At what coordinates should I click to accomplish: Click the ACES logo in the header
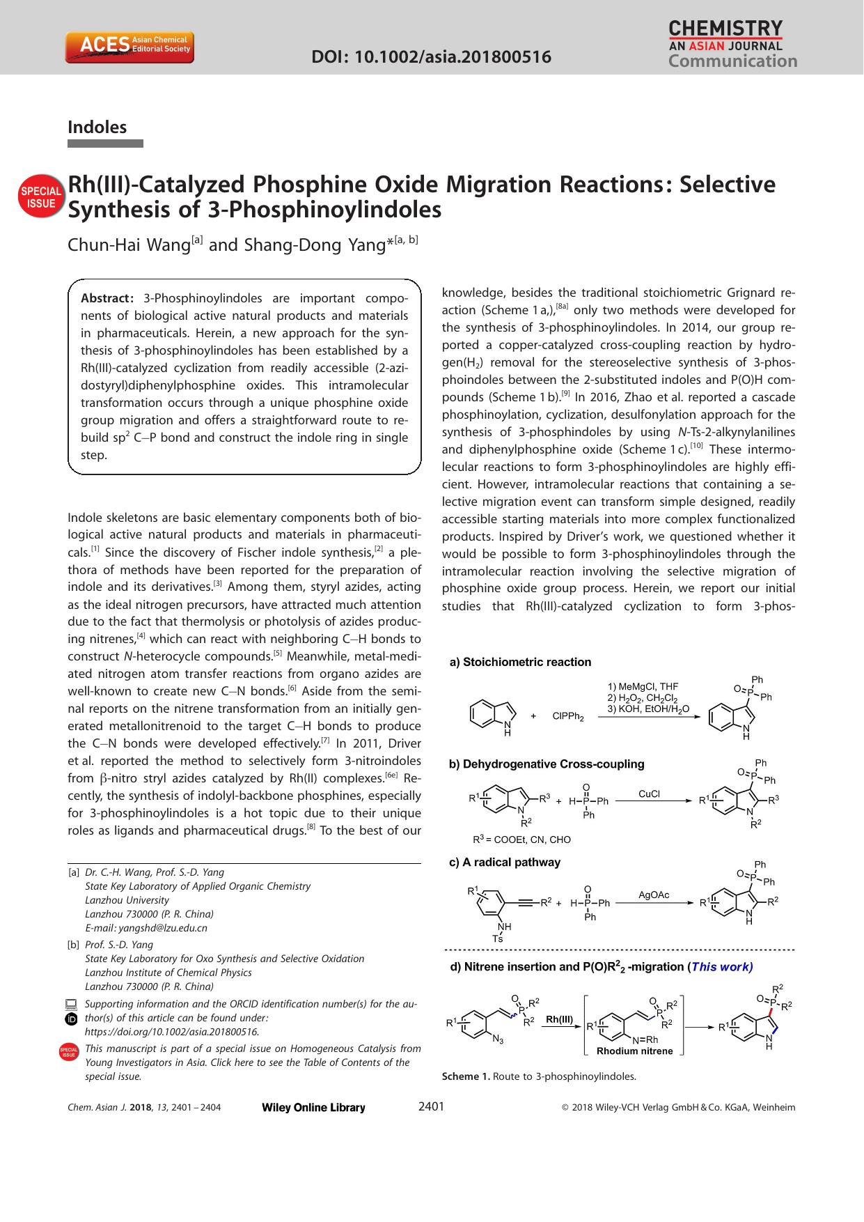coord(129,47)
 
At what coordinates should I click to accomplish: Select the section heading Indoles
coord(97,127)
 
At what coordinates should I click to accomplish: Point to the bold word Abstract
coord(107,298)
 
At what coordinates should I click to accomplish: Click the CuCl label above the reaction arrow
coord(649,794)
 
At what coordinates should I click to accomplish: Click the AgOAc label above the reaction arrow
coord(654,895)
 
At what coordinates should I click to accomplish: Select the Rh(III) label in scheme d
coord(559,1019)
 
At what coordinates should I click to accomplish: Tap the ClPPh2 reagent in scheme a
coord(567,716)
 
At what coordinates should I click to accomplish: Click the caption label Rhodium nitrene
coord(634,1051)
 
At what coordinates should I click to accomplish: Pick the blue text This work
coord(721,966)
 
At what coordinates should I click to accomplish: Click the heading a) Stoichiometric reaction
coord(520,662)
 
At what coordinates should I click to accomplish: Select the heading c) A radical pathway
coord(505,862)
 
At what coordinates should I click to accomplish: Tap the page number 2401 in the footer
coord(431,1106)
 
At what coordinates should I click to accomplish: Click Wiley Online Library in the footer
coord(313,1108)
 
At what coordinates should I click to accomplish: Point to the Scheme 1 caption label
coord(465,1076)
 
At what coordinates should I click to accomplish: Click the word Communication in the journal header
coord(732,61)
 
